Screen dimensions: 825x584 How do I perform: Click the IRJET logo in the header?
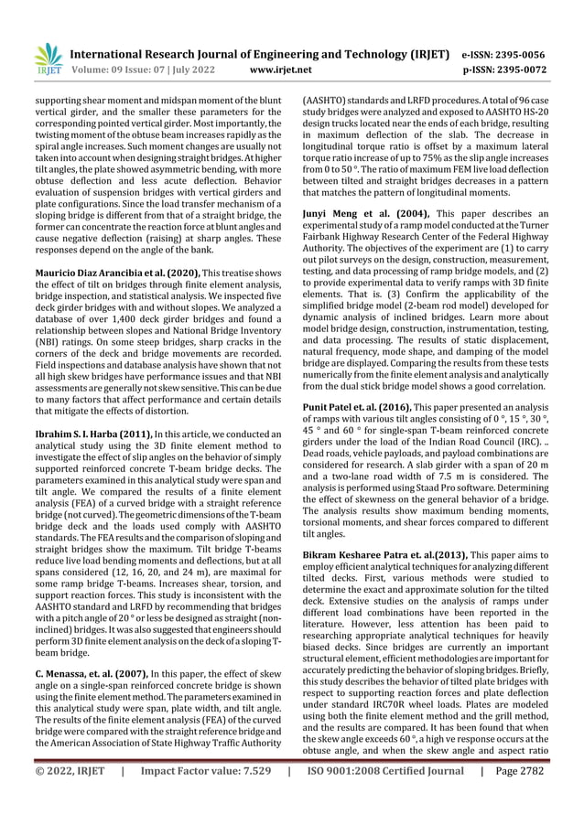click(48, 58)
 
